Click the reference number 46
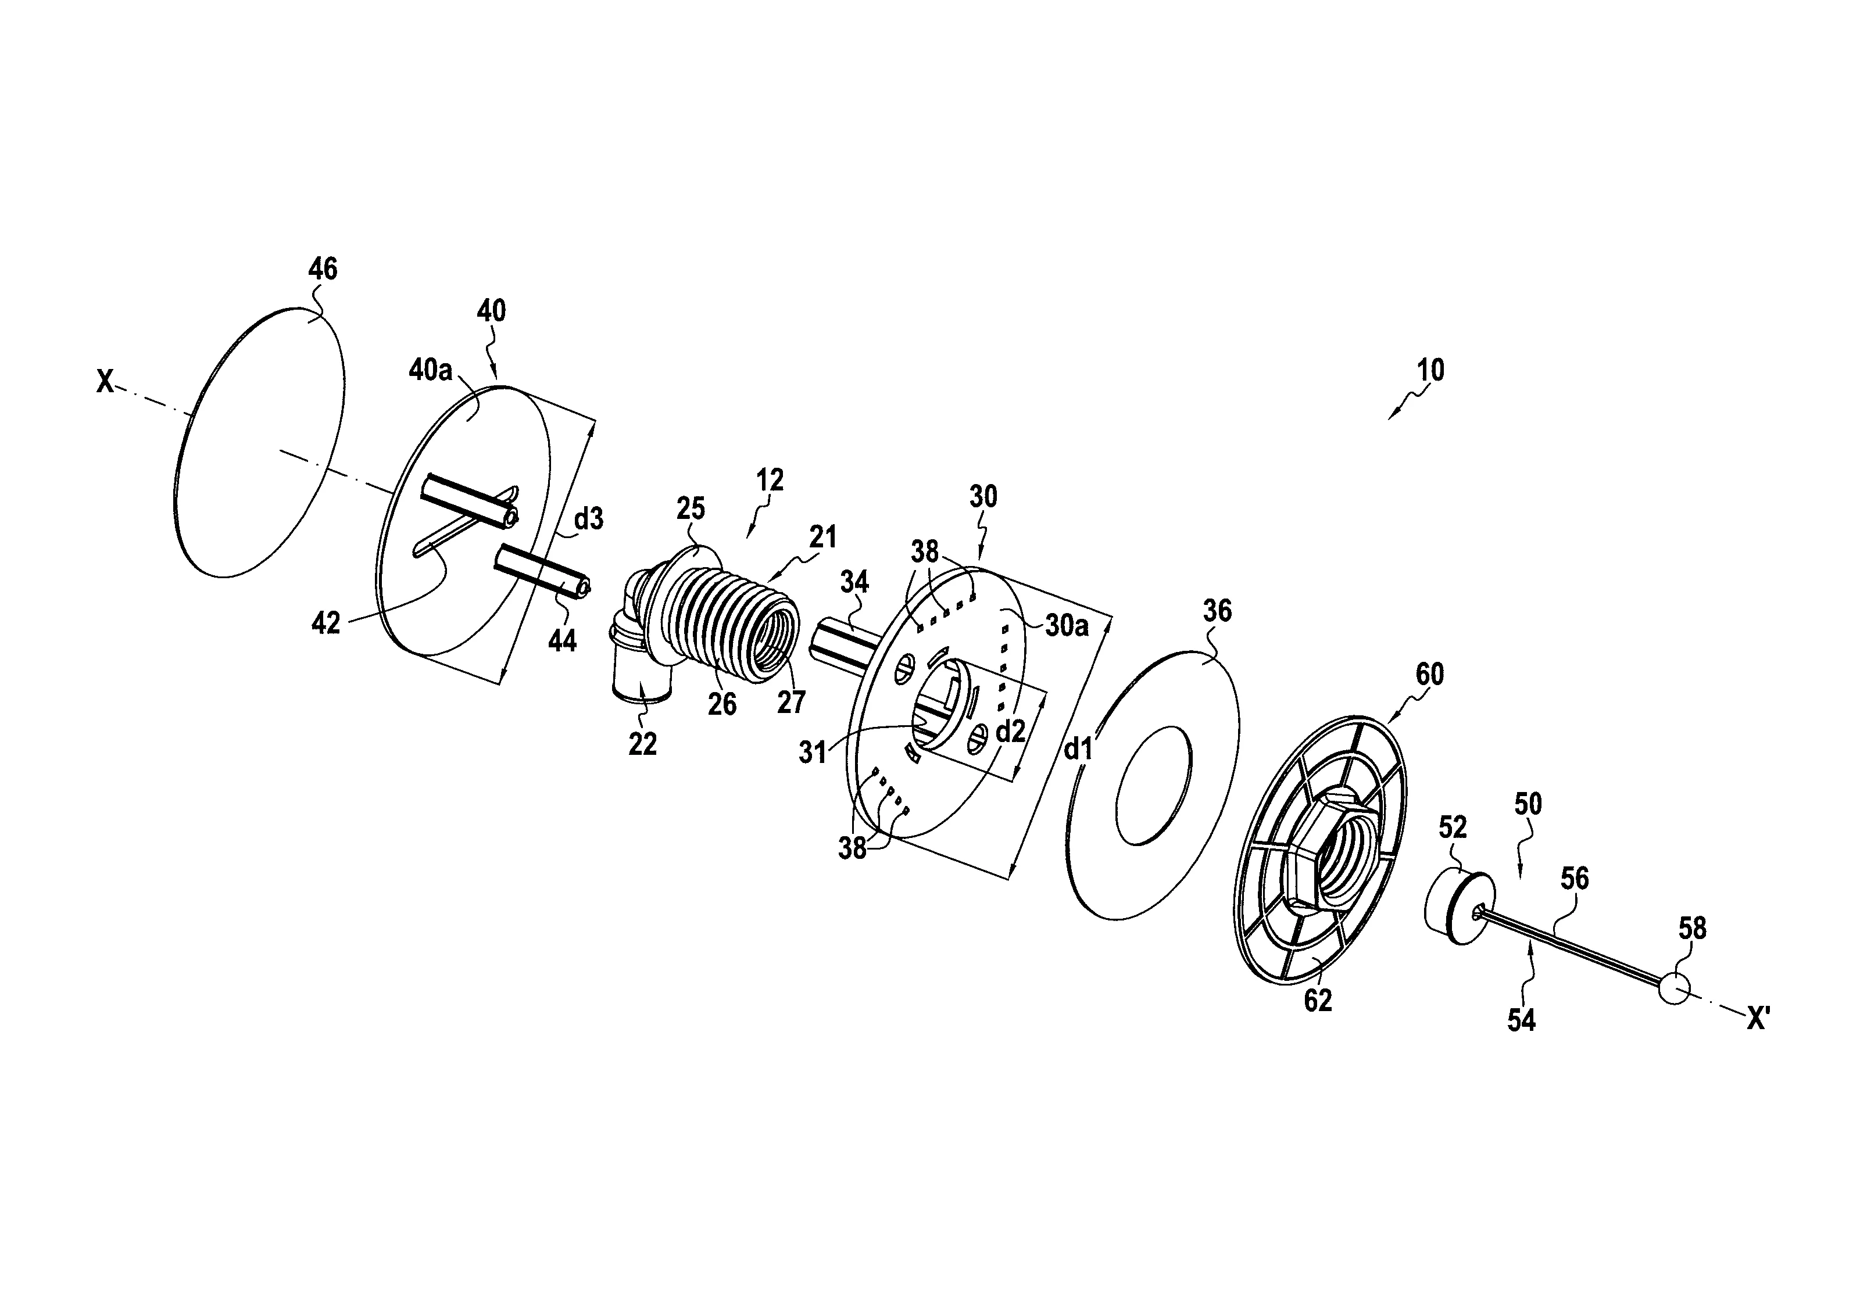[323, 269]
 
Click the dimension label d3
[589, 518]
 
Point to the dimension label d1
[1078, 750]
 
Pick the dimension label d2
[1010, 732]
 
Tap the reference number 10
[1430, 370]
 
